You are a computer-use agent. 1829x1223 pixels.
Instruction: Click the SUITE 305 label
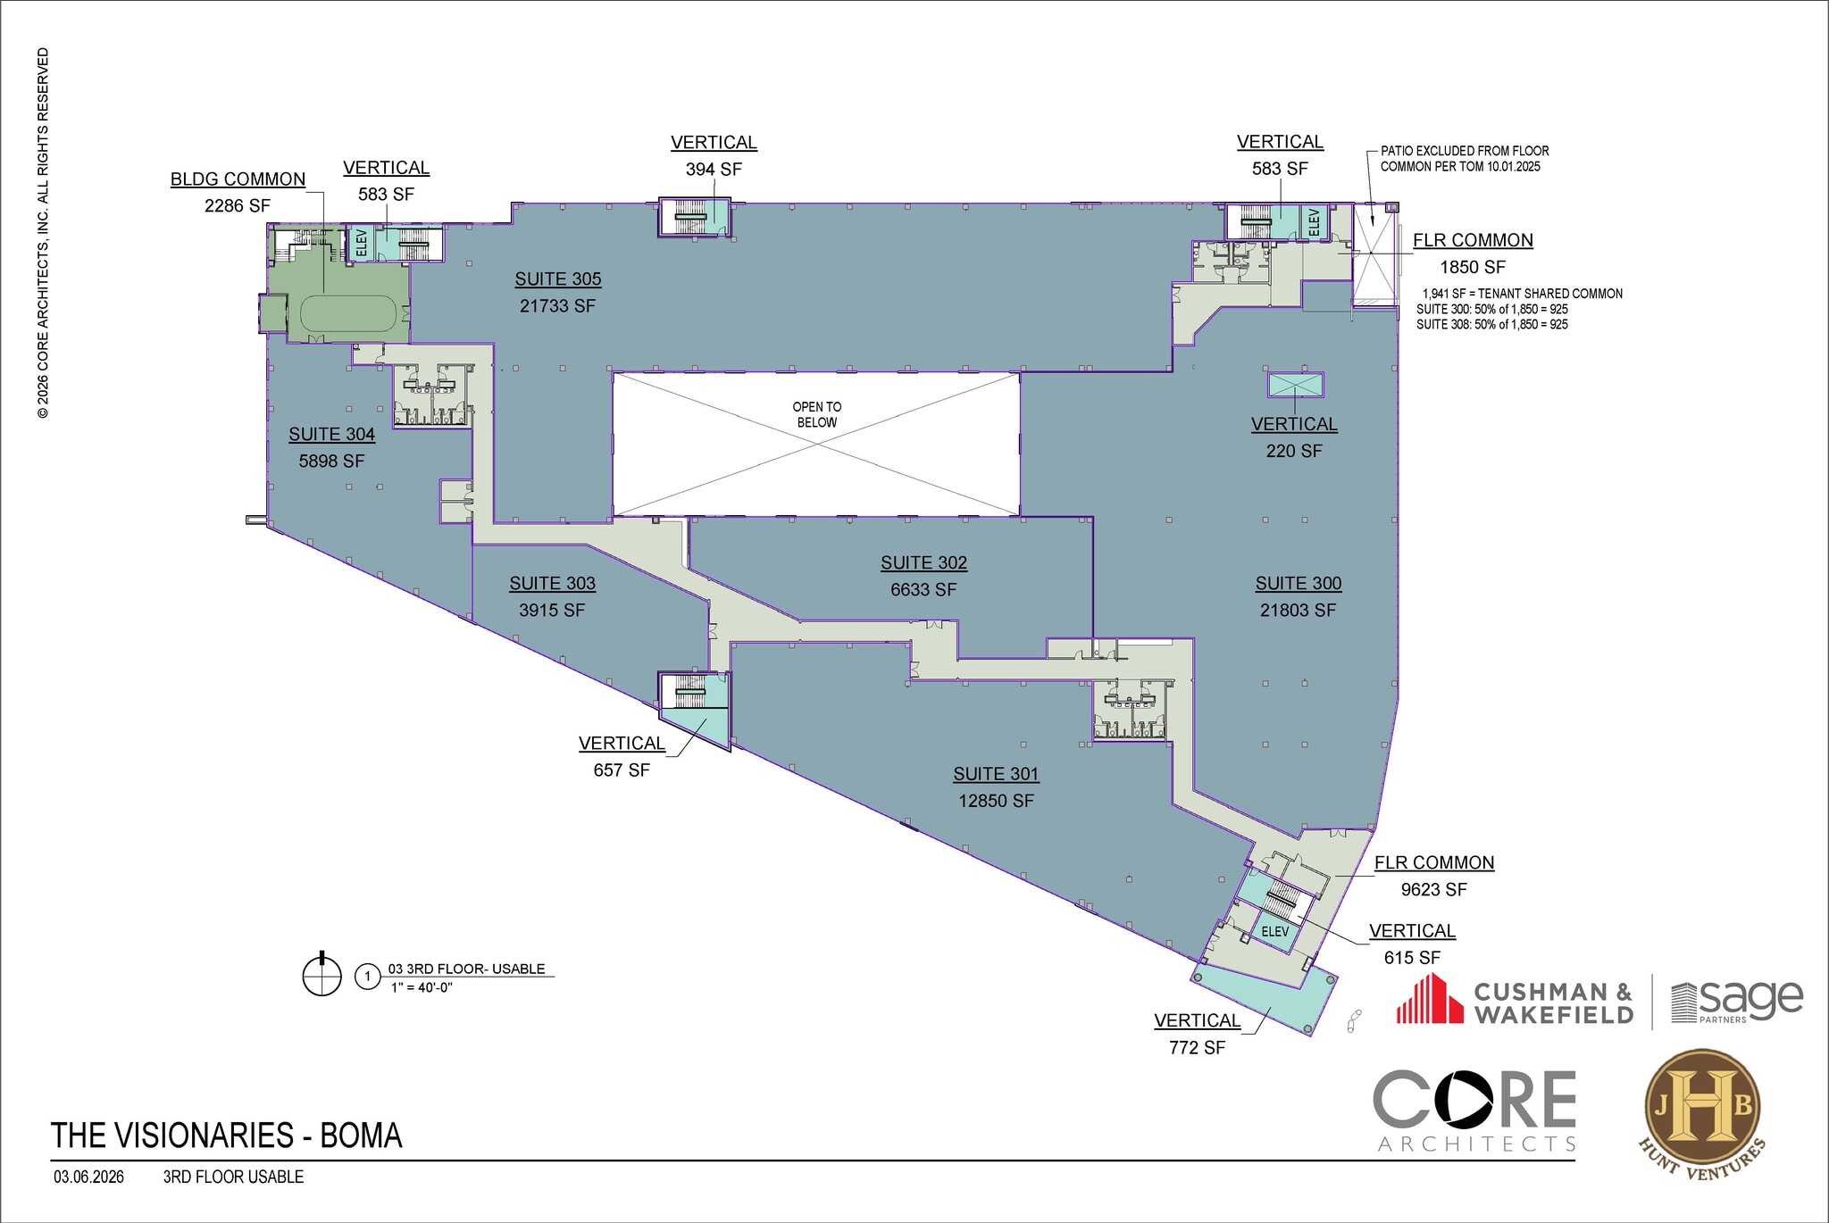pyautogui.click(x=558, y=279)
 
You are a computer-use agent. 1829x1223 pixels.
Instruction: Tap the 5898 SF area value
pyautogui.click(x=331, y=462)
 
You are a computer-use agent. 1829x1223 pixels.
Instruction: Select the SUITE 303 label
pyautogui.click(x=552, y=584)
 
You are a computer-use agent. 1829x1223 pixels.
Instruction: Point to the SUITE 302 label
pyautogui.click(x=923, y=563)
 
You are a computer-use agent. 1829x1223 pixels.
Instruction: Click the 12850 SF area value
pyautogui.click(x=996, y=802)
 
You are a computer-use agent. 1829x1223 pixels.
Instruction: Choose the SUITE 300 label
pyautogui.click(x=1298, y=584)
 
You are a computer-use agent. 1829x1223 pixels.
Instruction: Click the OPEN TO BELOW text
pyautogui.click(x=816, y=414)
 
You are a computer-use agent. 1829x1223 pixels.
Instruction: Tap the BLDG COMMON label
pyautogui.click(x=238, y=179)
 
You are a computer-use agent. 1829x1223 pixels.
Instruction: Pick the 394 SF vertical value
pyautogui.click(x=714, y=170)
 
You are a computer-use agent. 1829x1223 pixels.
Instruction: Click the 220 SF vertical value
pyautogui.click(x=1293, y=452)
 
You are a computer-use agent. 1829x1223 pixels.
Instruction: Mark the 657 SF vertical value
pyautogui.click(x=622, y=770)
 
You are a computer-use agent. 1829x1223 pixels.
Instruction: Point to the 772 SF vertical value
pyautogui.click(x=1197, y=1048)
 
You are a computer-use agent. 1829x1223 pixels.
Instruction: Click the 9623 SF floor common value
pyautogui.click(x=1433, y=890)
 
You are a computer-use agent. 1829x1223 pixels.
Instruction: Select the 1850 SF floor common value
pyautogui.click(x=1472, y=268)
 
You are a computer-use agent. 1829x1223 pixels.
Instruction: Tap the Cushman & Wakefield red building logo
pyautogui.click(x=1430, y=999)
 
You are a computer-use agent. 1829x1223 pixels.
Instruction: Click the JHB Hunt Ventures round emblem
pyautogui.click(x=1702, y=1109)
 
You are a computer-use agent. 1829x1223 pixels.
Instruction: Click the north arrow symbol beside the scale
pyautogui.click(x=322, y=976)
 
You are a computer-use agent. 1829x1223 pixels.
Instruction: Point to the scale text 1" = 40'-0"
pyautogui.click(x=422, y=987)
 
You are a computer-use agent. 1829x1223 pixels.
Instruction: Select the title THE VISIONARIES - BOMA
pyautogui.click(x=227, y=1136)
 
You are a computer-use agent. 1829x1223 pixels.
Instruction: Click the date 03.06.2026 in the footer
pyautogui.click(x=88, y=1177)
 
